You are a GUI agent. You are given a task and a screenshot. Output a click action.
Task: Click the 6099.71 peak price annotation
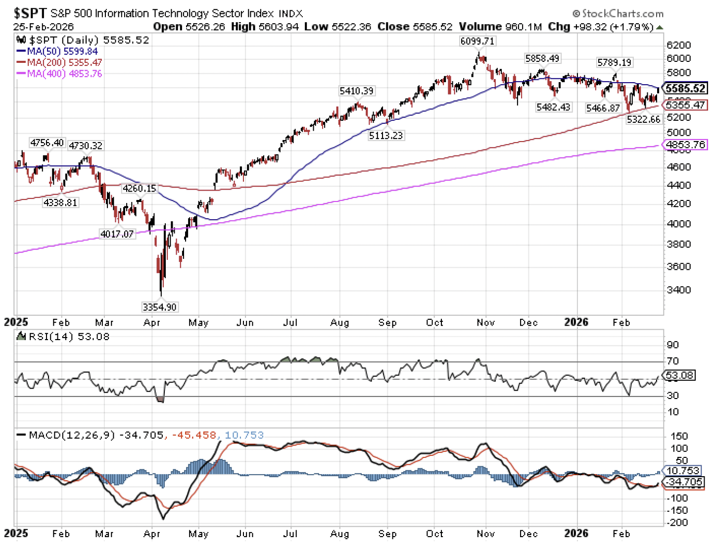(477, 41)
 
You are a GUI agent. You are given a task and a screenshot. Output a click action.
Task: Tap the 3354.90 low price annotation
(159, 307)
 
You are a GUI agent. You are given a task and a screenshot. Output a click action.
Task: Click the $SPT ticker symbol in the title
(30, 13)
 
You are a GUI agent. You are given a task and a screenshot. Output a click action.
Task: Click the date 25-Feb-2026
(44, 27)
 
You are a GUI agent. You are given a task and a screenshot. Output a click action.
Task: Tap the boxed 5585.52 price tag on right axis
(685, 89)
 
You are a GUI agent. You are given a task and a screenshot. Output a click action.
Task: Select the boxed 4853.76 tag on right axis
(685, 145)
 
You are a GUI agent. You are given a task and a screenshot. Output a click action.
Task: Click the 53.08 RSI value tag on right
(679, 375)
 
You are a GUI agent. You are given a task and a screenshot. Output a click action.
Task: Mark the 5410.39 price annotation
(356, 91)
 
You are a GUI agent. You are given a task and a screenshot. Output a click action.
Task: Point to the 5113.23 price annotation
(385, 135)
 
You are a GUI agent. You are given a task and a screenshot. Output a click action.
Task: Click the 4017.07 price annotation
(117, 234)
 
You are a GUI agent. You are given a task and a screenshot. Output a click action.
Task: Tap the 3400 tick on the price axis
(678, 290)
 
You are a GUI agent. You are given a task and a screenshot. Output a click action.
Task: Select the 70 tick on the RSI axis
(672, 361)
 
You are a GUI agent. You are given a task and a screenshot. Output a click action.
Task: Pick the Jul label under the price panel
(290, 323)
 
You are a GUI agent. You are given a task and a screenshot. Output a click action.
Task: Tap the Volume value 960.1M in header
(501, 27)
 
